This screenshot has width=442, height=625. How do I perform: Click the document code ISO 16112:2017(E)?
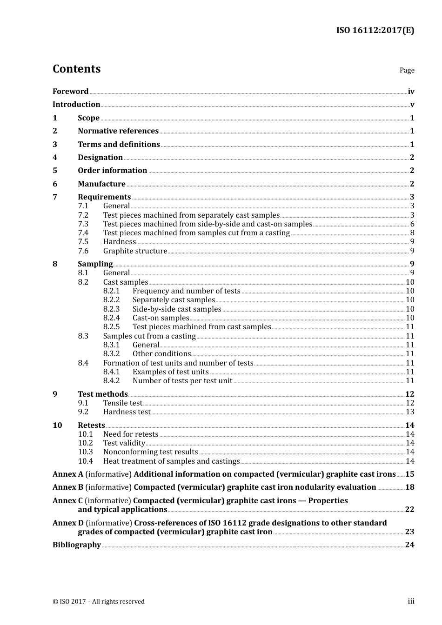375,30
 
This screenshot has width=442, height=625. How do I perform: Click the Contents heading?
76,69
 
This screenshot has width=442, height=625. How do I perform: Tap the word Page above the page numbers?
407,70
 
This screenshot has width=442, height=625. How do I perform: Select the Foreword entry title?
70,92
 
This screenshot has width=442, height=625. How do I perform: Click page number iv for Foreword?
411,92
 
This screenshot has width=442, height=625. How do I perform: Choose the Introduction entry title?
76,105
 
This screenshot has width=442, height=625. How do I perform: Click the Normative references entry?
118,131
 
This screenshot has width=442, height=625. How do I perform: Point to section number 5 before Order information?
55,171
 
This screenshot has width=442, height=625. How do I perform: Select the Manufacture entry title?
101,184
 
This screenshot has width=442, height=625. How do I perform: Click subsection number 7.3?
83,224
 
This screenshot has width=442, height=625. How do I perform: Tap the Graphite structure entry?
135,251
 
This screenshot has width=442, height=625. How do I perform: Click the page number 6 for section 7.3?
412,224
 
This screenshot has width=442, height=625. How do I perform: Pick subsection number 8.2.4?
111,318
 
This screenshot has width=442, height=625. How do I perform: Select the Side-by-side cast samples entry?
177,309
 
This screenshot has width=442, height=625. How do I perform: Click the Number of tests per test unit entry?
182,381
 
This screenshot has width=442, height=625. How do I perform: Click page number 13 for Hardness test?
410,412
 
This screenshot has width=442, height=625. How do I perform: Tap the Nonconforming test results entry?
150,452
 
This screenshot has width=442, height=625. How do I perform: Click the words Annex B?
68,487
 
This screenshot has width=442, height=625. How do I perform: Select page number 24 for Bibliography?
409,545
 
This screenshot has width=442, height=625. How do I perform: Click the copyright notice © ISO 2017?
98,602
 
